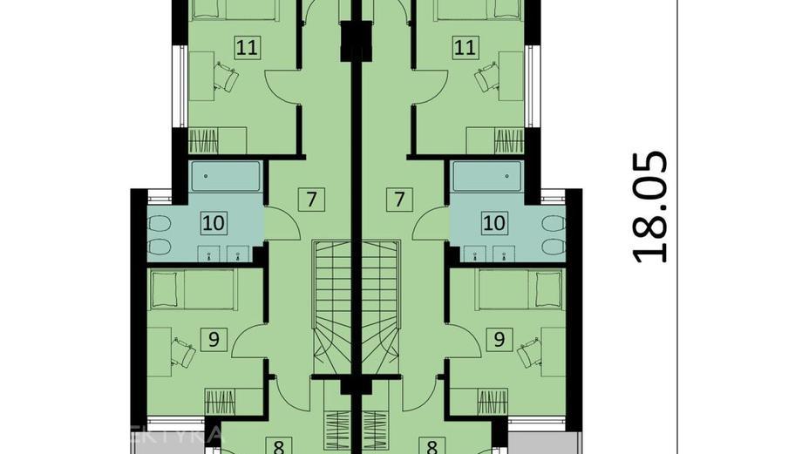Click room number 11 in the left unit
click(247, 47)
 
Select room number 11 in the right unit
click(463, 47)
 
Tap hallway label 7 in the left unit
click(310, 199)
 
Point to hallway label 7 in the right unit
click(399, 199)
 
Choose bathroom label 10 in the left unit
click(214, 222)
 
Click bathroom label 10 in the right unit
click(494, 222)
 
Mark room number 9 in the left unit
click(212, 339)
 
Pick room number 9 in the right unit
click(499, 339)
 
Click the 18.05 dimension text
click(649, 207)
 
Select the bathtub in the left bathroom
click(225, 176)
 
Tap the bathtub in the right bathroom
click(486, 176)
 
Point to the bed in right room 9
click(520, 289)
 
